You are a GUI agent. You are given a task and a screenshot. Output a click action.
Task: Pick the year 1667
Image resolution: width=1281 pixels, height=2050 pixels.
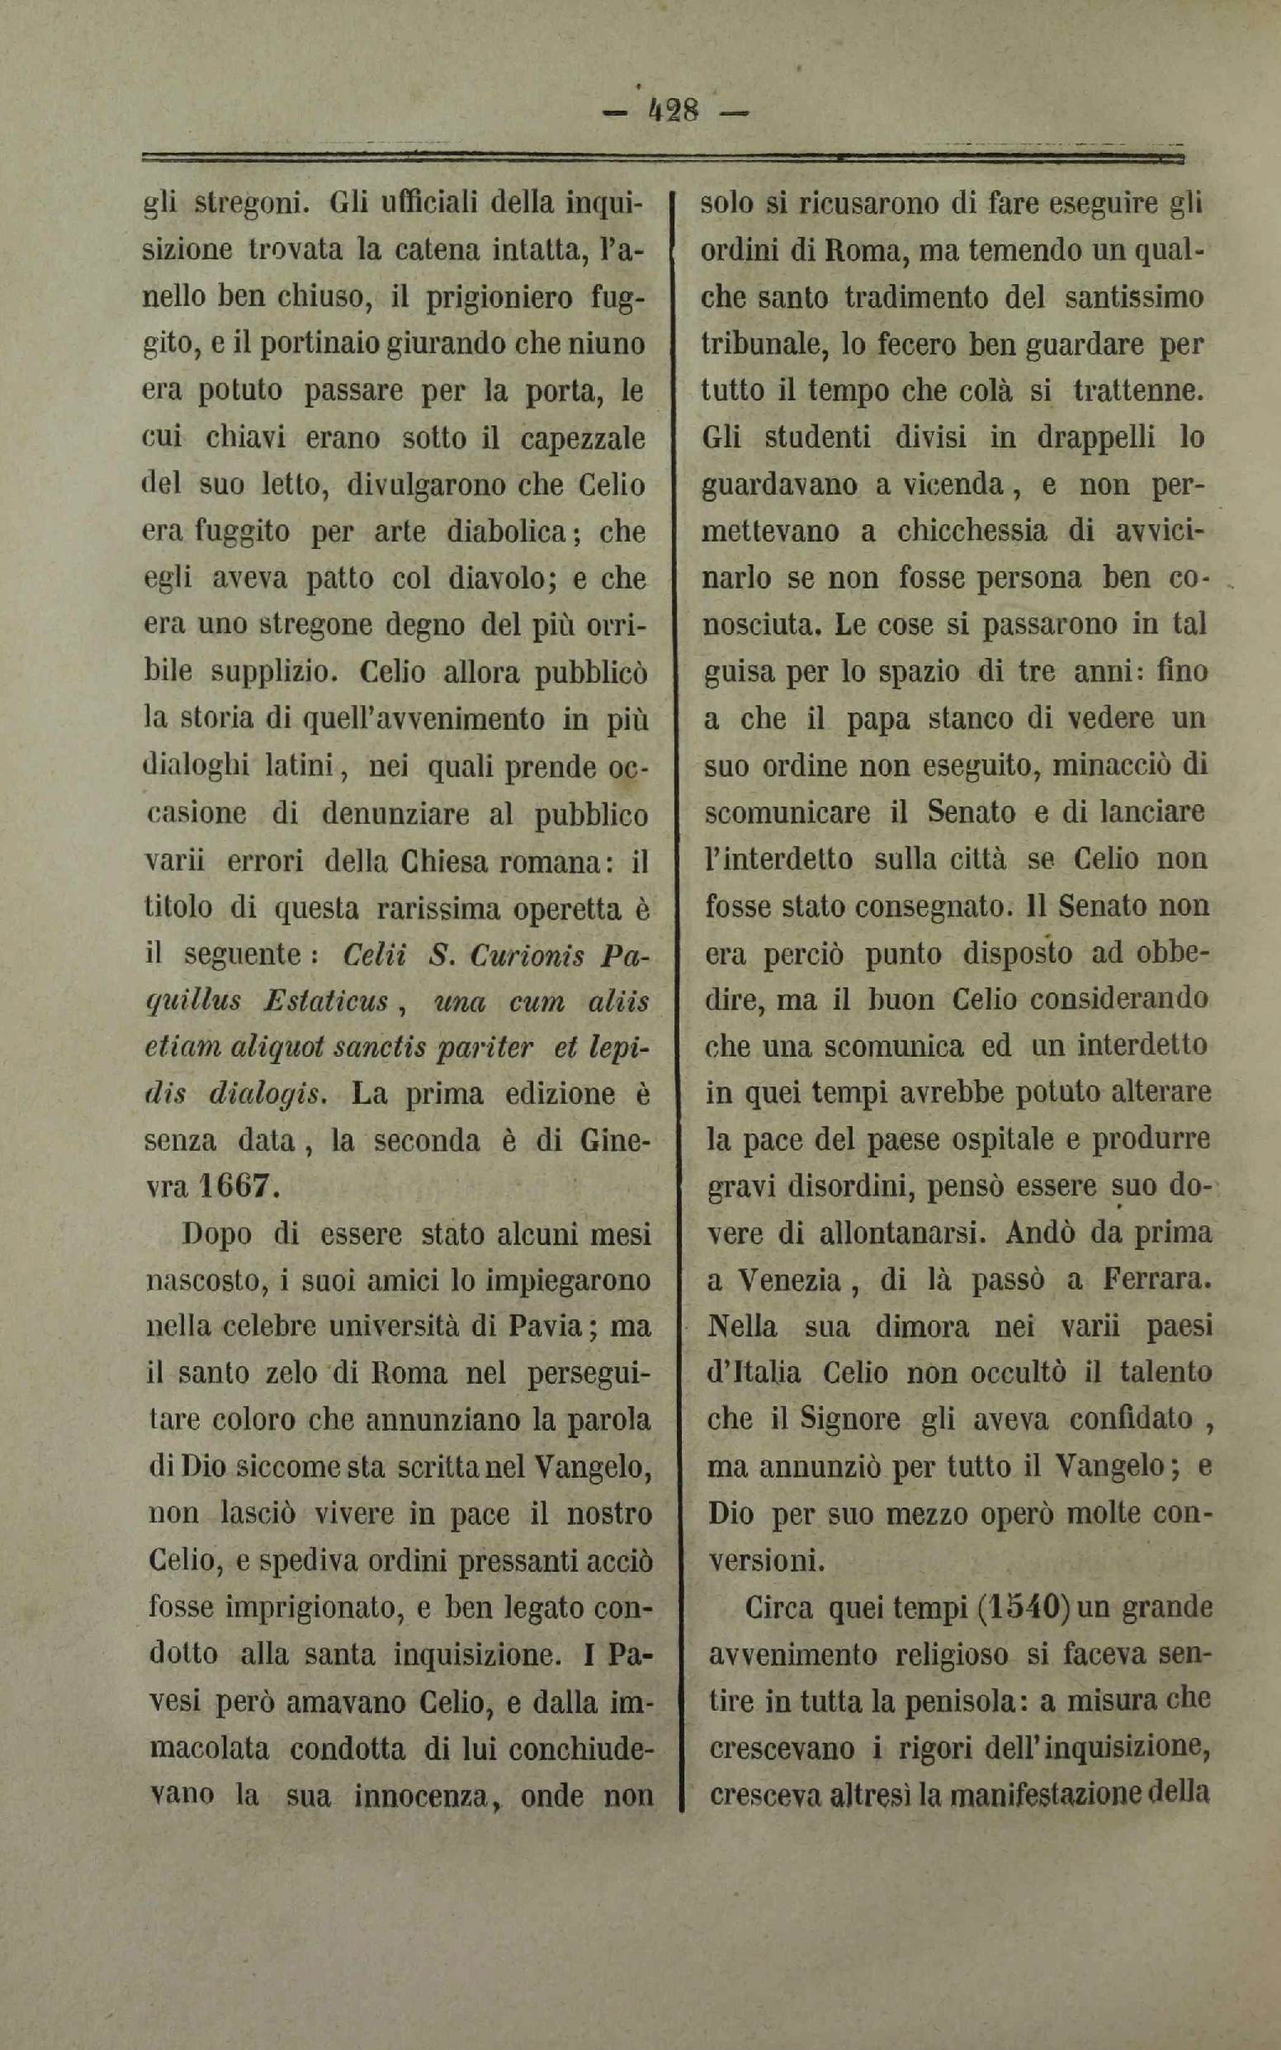(239, 1185)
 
